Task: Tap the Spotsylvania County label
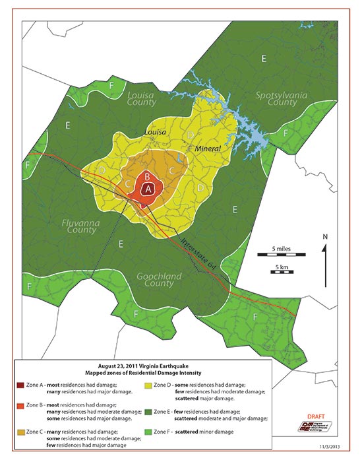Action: point(276,99)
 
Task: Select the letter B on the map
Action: point(148,176)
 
